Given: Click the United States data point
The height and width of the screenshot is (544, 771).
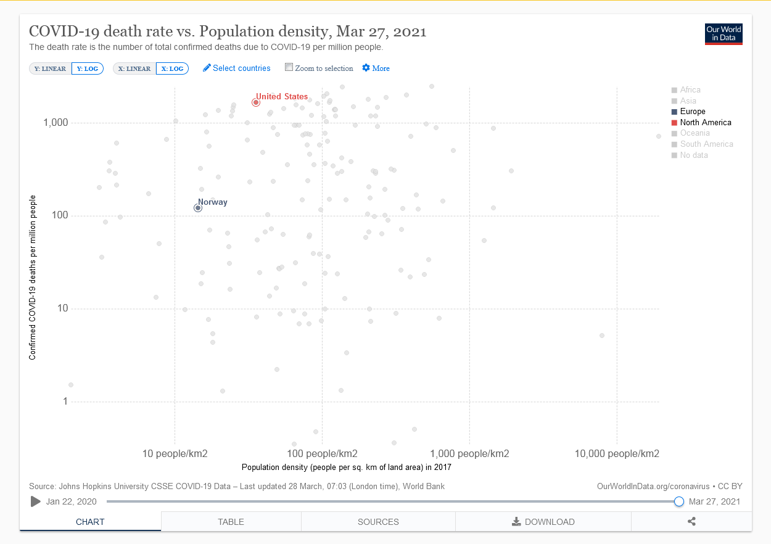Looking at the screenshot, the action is tap(256, 102).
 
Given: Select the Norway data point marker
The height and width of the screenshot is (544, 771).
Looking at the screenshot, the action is tap(198, 208).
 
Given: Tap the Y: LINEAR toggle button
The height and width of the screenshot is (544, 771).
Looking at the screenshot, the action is tap(50, 68).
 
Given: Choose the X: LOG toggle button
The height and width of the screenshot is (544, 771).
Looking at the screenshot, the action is tap(172, 68).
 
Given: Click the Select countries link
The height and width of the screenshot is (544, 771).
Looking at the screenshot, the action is tap(237, 68).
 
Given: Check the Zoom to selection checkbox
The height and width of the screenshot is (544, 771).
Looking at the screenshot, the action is tap(289, 67).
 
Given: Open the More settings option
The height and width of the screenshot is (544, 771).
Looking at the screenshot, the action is tap(376, 68).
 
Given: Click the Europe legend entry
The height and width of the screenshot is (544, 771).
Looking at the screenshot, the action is tap(688, 112).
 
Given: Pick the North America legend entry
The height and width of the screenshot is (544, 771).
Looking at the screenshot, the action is tap(701, 123).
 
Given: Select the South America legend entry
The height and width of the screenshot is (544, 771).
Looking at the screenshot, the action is tap(703, 144).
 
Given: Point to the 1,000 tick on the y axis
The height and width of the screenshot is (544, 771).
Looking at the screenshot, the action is tap(56, 123).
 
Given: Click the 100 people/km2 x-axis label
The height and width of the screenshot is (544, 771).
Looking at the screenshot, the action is tap(322, 453).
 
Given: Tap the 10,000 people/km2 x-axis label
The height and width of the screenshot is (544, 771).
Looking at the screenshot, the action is tap(617, 453).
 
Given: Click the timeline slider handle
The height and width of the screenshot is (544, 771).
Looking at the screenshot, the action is tap(678, 501).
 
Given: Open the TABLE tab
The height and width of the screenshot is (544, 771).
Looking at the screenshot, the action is tap(231, 522).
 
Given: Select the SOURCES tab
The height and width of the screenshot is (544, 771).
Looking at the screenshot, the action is tap(378, 522).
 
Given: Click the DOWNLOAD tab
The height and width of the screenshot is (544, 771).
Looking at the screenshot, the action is tap(543, 522).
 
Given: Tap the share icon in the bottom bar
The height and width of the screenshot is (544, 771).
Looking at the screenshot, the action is tap(691, 521).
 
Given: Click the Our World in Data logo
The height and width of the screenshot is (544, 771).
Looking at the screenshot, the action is tap(724, 34).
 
